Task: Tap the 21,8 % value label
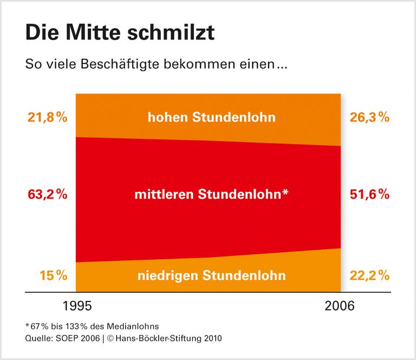(46, 117)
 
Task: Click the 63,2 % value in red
(46, 194)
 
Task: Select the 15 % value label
(53, 275)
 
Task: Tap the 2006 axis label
(340, 306)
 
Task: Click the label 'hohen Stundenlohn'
(212, 117)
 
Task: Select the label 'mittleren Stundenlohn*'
(210, 194)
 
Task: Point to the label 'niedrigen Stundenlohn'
(211, 275)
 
